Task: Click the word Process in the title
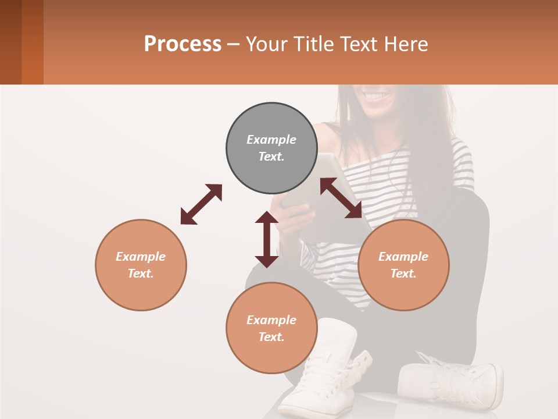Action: (183, 44)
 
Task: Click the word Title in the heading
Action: (313, 44)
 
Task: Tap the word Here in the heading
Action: (406, 44)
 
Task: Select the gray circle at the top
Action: (271, 148)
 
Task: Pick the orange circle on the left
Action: (141, 265)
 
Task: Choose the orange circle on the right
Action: (403, 265)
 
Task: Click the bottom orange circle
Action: (271, 328)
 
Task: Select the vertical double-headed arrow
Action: (267, 239)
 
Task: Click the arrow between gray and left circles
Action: (201, 204)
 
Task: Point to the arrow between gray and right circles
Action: (341, 198)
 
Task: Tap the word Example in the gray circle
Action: (271, 140)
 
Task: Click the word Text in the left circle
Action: (141, 274)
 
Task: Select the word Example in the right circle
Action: (403, 257)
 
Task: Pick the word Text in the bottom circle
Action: (271, 337)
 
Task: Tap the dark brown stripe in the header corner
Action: (10, 42)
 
